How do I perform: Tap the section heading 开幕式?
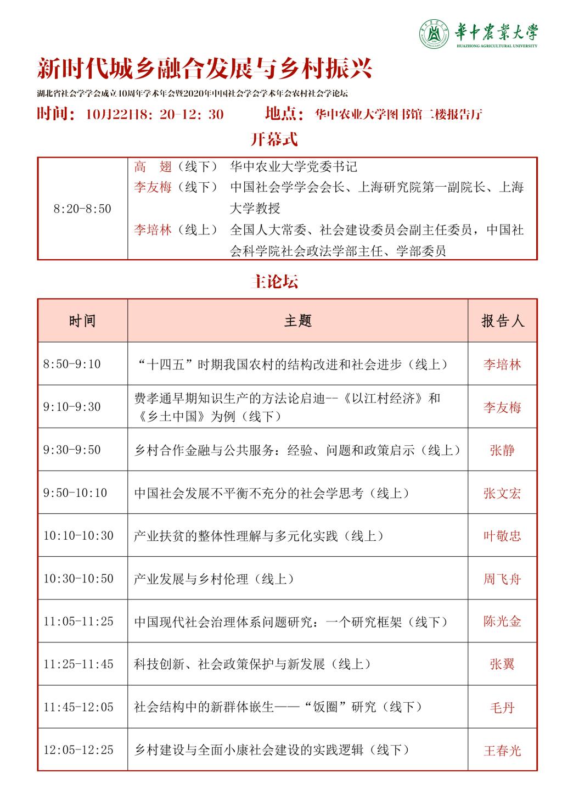[x=274, y=139]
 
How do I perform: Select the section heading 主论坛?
[x=274, y=282]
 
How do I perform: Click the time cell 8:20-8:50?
[x=82, y=209]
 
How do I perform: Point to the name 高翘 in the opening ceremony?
[x=153, y=166]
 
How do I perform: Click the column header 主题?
[x=297, y=321]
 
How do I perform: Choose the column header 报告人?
[x=502, y=321]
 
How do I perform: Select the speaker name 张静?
[x=502, y=450]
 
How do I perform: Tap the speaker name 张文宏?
[x=502, y=493]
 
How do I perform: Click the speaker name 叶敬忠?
[x=502, y=536]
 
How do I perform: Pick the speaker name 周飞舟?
[x=502, y=579]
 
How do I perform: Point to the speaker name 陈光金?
[x=502, y=622]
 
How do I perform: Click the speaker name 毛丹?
[x=502, y=707]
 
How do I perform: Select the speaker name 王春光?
[x=502, y=750]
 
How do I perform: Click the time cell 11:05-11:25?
[x=78, y=622]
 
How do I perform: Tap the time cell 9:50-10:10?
[x=75, y=493]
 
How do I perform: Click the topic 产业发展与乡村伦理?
[x=215, y=579]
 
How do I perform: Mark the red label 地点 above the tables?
[x=284, y=114]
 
